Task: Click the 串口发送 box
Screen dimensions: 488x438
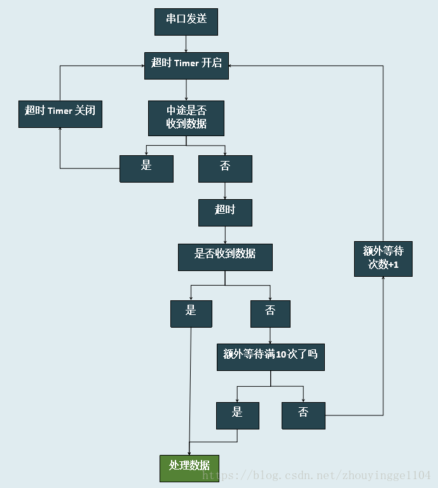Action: coord(186,22)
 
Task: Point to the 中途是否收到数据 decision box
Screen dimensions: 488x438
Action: coord(186,118)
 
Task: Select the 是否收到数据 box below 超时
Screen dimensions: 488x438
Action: coord(225,257)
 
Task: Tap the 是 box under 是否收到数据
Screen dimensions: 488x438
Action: coord(191,314)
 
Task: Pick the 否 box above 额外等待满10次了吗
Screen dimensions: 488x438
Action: coord(270,314)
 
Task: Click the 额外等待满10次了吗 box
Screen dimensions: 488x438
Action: coord(270,358)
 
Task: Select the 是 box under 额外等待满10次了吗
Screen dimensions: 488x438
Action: coord(237,415)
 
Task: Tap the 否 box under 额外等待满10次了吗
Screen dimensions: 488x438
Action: coord(303,415)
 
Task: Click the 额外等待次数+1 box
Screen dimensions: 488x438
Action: coord(383,258)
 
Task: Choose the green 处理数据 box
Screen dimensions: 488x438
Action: coord(189,468)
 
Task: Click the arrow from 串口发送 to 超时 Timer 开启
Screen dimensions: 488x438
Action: coord(186,44)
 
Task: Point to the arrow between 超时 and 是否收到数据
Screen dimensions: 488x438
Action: coord(225,235)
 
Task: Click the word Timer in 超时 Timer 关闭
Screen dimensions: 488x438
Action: coord(60,111)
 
